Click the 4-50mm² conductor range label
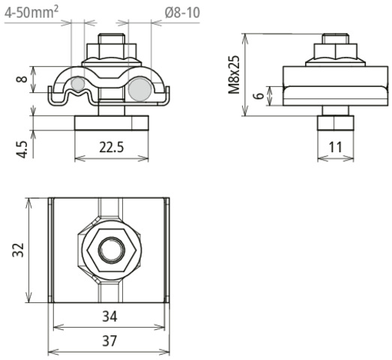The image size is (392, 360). point(31,12)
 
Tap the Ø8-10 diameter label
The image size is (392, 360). point(182,13)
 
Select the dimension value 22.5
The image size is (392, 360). point(112,147)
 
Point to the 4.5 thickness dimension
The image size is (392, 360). point(22,149)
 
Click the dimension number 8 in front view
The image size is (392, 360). point(22,79)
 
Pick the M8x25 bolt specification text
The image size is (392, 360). point(235,74)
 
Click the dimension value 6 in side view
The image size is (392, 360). point(260,95)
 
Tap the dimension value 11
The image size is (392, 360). point(335,147)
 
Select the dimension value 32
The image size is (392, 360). point(18,250)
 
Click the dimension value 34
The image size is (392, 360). point(109,316)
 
